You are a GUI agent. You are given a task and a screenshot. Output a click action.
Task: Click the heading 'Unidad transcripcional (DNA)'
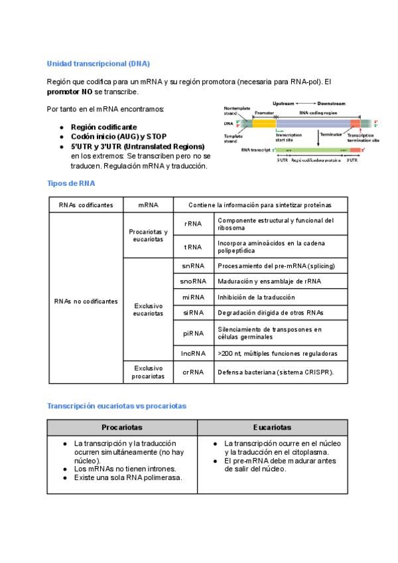pos(98,64)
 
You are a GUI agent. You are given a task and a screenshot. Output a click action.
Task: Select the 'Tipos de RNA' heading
pos(70,183)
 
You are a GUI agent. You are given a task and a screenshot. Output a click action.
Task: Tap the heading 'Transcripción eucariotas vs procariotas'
pos(116,406)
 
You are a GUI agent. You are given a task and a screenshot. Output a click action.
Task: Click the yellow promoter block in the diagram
pos(265,123)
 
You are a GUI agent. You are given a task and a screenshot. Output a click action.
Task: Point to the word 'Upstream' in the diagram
pos(283,104)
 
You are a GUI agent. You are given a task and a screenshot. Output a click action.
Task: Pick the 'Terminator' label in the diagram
pos(330,134)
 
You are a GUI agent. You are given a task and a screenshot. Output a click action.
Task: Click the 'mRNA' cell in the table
pos(148,205)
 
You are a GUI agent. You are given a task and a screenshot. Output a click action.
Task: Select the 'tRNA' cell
pos(193,246)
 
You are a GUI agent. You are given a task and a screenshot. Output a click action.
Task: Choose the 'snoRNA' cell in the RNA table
pos(193,281)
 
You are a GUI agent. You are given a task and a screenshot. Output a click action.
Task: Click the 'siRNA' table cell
pos(193,313)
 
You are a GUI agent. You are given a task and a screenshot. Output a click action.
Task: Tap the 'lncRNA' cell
pos(193,354)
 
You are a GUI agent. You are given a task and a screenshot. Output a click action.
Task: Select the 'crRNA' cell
pos(193,372)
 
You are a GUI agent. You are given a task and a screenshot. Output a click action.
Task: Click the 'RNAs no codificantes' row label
pos(86,301)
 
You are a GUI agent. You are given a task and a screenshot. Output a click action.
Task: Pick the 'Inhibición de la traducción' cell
pos(256,297)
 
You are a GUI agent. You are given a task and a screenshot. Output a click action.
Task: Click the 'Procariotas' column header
pos(122,428)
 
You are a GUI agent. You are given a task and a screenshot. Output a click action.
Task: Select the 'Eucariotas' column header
pos(272,428)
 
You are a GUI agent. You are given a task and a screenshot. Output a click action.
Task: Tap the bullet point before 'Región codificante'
pos(62,127)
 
